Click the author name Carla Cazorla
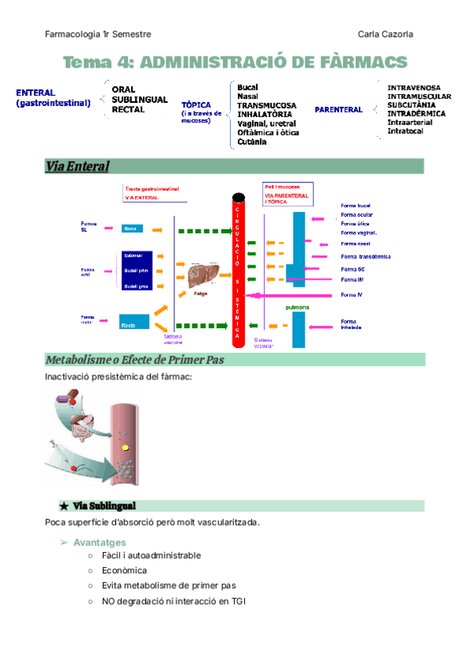coord(385,35)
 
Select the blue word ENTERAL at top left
coord(35,93)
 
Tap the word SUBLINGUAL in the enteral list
coord(140,100)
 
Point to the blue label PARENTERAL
coord(338,110)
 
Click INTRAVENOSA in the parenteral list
coord(414,88)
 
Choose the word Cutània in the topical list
coord(252,142)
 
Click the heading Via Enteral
coord(77,166)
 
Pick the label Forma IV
coord(352,295)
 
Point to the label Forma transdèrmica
coord(366,257)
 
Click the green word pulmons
coord(297,307)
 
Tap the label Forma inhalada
coord(351,324)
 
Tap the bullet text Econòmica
coord(124,570)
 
